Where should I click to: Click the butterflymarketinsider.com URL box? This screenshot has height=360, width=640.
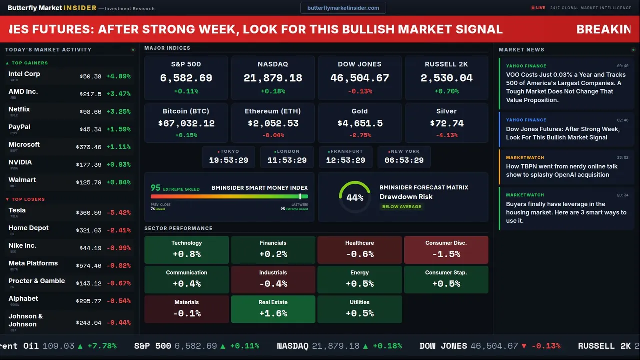[x=343, y=8]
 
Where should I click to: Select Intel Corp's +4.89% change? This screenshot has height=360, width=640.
[x=119, y=76]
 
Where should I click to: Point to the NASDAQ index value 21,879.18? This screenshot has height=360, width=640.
[x=273, y=78]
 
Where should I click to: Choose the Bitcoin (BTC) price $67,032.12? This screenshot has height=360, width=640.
[x=186, y=123]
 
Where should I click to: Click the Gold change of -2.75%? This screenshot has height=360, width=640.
[x=359, y=135]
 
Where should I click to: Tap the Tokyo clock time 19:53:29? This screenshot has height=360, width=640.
[x=229, y=160]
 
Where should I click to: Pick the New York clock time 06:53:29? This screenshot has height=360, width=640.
[x=404, y=160]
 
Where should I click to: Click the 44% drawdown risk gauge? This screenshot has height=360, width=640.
[x=355, y=197]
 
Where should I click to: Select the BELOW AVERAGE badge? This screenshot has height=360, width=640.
[x=401, y=206]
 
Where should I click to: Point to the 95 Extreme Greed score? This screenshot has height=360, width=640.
[x=156, y=188]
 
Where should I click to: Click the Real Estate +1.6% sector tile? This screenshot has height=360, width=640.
[x=273, y=309]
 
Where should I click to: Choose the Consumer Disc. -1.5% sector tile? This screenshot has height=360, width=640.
[x=446, y=250]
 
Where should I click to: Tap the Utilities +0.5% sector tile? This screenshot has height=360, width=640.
[x=359, y=309]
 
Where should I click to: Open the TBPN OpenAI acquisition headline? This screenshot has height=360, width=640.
[x=562, y=170]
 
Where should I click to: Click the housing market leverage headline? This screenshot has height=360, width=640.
[x=566, y=212]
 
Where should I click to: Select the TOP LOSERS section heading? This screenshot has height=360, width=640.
[x=28, y=199]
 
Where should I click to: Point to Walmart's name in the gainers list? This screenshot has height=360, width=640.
[x=22, y=180]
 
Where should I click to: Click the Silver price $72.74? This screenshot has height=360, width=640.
[x=446, y=123]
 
